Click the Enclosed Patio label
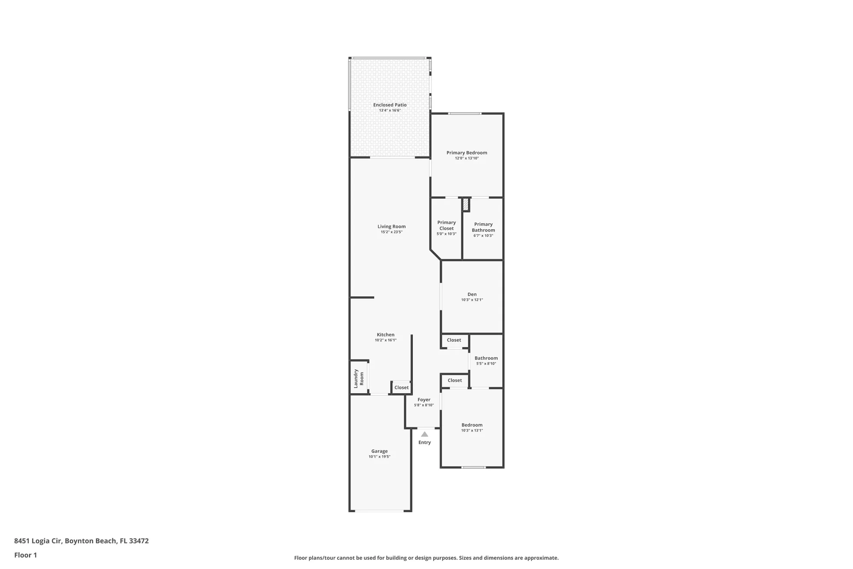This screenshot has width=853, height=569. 390,105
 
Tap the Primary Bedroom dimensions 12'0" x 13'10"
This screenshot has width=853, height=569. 467,158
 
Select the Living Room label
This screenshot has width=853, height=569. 392,227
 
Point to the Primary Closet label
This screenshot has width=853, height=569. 447,225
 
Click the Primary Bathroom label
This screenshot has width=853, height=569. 483,227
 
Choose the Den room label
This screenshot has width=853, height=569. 472,295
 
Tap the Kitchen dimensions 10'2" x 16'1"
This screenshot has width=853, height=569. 386,340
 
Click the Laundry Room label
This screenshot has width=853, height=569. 359,378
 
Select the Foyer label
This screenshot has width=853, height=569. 424,400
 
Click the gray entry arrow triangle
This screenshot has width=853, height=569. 424,434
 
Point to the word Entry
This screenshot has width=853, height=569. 424,443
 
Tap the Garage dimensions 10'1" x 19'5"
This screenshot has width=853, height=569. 379,457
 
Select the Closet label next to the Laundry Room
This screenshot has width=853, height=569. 401,388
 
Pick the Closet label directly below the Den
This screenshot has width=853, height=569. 454,340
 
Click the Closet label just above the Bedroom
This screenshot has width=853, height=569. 455,380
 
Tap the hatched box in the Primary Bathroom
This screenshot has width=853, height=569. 466,204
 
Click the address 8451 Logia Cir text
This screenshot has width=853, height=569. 81,541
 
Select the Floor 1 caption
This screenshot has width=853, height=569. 26,555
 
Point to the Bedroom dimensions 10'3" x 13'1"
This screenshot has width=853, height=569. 472,431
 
